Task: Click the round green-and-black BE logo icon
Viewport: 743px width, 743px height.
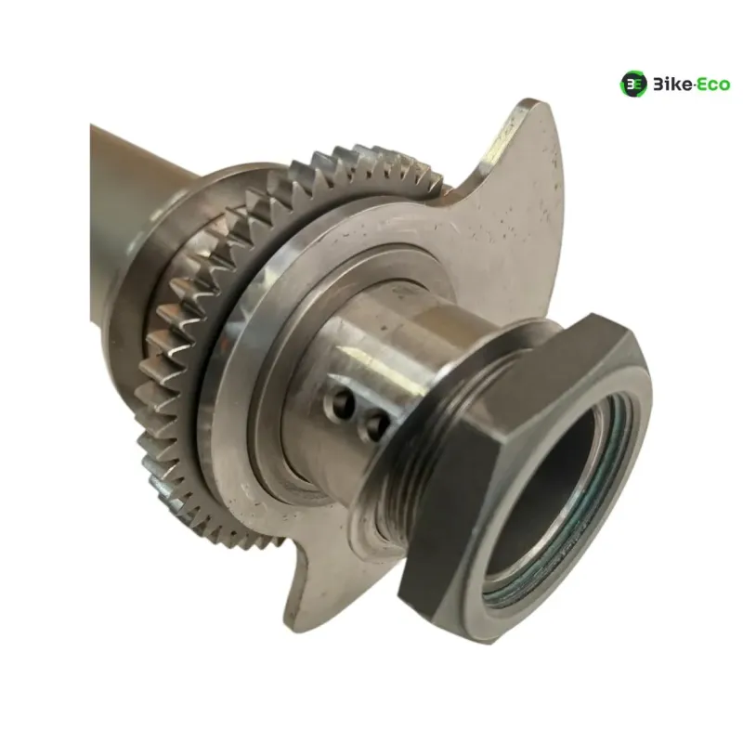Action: [633, 85]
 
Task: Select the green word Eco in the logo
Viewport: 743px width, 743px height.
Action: [713, 85]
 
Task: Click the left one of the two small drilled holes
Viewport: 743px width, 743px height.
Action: [343, 403]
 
